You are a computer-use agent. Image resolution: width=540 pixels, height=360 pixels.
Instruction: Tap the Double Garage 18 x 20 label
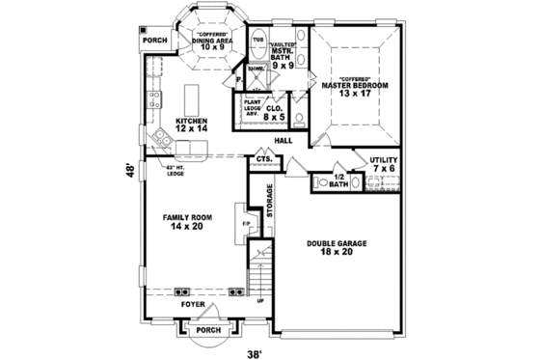(333, 247)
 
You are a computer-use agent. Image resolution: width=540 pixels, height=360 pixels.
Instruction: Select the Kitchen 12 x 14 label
(191, 124)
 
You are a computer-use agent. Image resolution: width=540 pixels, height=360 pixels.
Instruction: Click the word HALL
(283, 141)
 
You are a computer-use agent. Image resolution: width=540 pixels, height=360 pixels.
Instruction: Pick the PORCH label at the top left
(154, 41)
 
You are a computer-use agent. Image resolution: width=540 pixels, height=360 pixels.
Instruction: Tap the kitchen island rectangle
(190, 97)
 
